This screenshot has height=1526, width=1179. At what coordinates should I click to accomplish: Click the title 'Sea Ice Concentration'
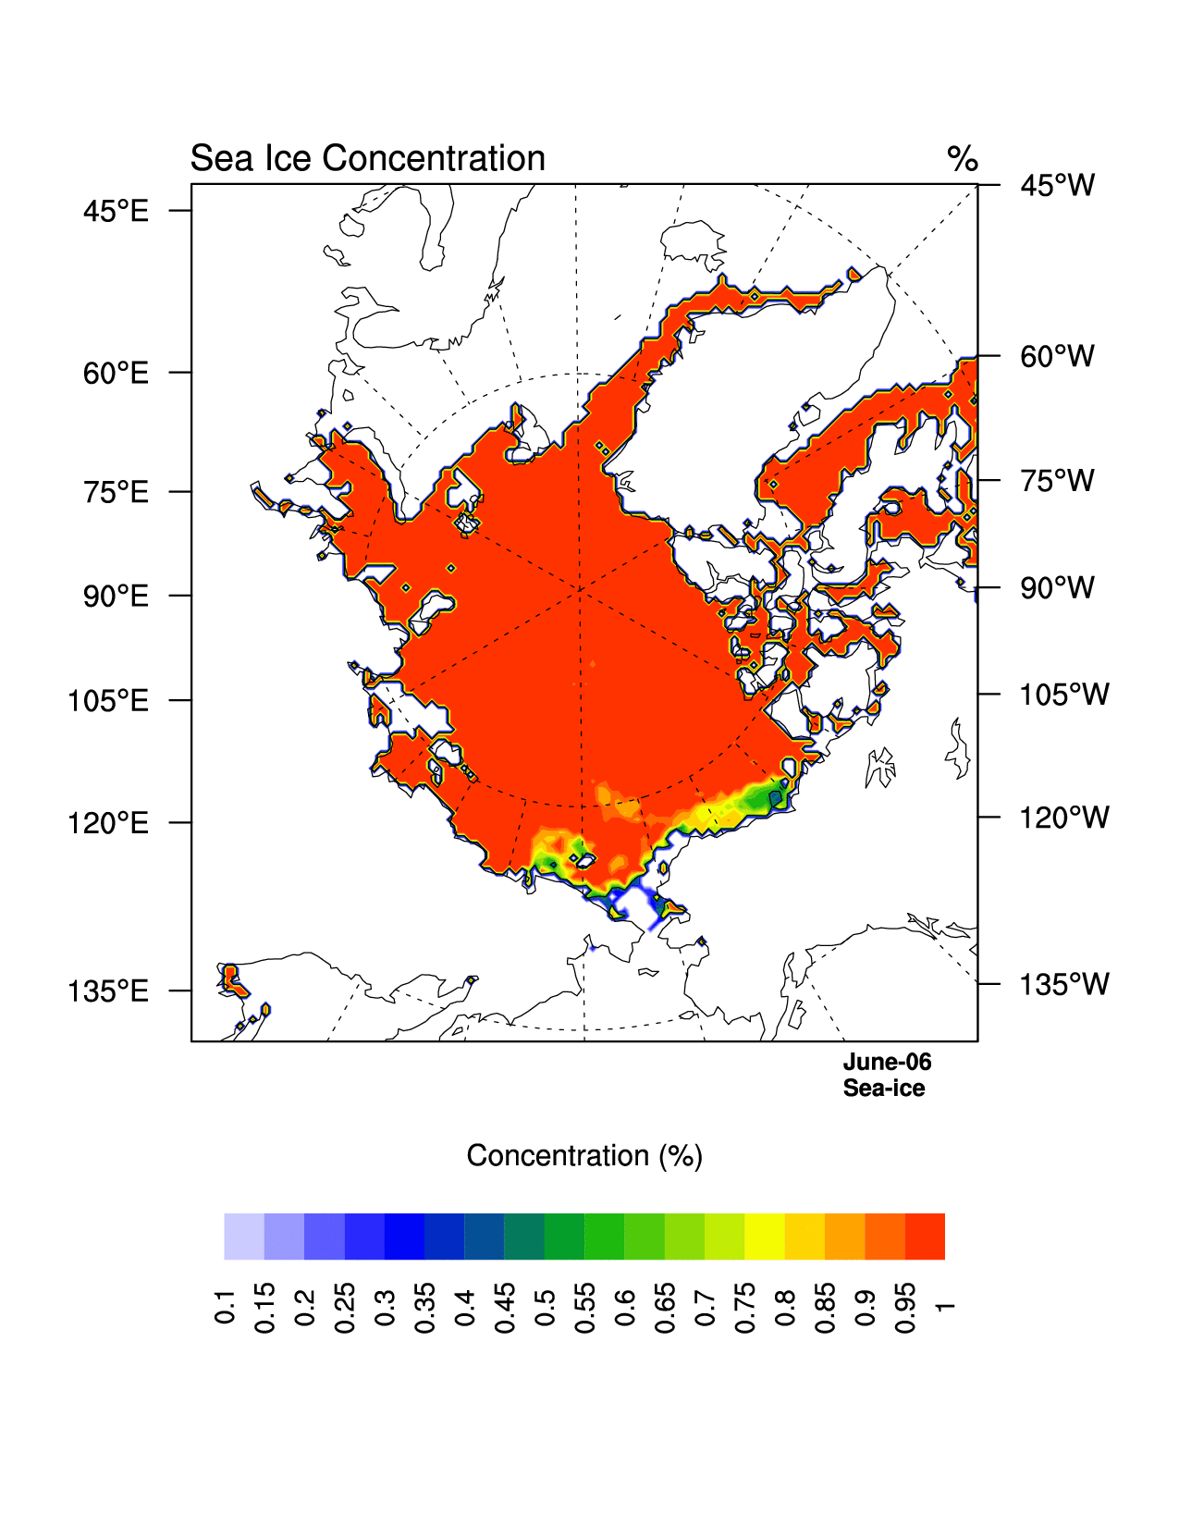coord(367,159)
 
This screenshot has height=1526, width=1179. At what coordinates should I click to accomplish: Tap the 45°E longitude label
coord(116,212)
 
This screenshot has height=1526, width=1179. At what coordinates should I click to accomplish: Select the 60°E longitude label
coord(116,374)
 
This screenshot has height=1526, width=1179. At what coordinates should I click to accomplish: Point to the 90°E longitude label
coord(116,597)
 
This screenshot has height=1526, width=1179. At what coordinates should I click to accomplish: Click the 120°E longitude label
coord(108,823)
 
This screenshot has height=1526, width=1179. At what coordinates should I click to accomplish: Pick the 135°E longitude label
coord(108,991)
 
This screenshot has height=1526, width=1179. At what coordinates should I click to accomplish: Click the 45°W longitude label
coord(1057,186)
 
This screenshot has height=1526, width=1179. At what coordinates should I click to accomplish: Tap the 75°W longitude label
coord(1057,481)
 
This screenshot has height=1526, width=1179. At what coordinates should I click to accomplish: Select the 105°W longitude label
coord(1063,695)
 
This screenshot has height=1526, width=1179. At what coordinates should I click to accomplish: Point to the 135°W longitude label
coord(1063,985)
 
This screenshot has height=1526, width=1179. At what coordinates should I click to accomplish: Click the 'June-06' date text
coord(887,1063)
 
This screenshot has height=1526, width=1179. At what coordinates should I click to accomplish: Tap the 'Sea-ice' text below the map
coord(883,1089)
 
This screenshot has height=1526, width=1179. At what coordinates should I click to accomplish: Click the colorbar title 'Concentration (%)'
coord(584,1156)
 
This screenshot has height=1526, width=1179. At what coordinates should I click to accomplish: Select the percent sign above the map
coord(963,160)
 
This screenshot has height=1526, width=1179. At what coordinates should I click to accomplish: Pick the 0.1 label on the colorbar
coord(225,1305)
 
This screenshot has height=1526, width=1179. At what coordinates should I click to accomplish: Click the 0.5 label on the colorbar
coord(545,1305)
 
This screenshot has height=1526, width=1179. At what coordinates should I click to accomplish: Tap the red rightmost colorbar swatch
coord(925,1237)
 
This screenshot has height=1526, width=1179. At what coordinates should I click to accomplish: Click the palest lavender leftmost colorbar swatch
coord(244,1237)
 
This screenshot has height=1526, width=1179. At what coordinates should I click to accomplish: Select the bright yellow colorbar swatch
coord(765,1237)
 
